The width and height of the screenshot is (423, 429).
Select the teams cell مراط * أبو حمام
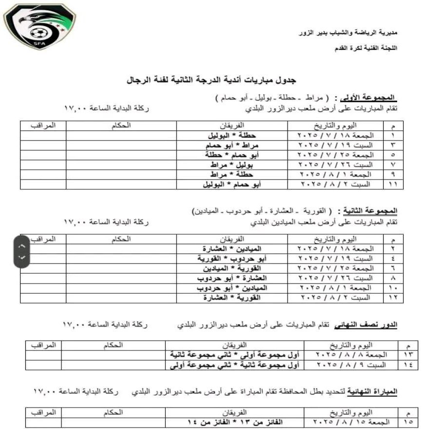pos(232,145)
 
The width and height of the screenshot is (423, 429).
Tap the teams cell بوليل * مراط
pos(232,164)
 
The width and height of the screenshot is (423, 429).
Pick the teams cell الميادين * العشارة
pos(232,249)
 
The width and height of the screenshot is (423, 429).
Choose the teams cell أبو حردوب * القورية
pos(232,259)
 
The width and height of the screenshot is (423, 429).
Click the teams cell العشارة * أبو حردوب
pos(232,278)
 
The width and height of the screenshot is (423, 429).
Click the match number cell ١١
pos(394,184)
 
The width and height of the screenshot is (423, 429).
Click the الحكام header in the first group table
pos(124,125)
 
